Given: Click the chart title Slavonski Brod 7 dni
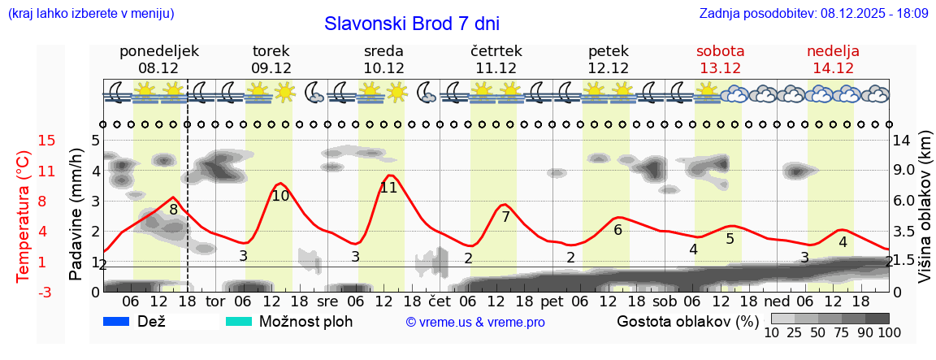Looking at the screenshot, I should pyautogui.click(x=411, y=24).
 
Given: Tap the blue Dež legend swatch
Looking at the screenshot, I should pyautogui.click(x=117, y=321).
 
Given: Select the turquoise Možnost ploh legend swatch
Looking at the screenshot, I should pyautogui.click(x=238, y=321).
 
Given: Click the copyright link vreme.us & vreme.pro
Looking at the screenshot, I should pyautogui.click(x=475, y=322).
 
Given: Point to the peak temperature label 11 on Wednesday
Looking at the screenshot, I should pyautogui.click(x=388, y=188).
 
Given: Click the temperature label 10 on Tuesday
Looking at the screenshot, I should pyautogui.click(x=280, y=196).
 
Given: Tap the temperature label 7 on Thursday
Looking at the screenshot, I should pyautogui.click(x=505, y=217).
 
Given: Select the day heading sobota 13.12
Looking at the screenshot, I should pyautogui.click(x=720, y=59).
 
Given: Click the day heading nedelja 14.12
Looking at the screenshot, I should pyautogui.click(x=833, y=59).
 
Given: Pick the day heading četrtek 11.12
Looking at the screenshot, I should pyautogui.click(x=496, y=59).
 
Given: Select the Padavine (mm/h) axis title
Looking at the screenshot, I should pyautogui.click(x=76, y=215).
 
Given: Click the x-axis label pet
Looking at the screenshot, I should pyautogui.click(x=552, y=301).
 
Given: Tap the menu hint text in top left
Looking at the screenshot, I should pyautogui.click(x=90, y=14).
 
